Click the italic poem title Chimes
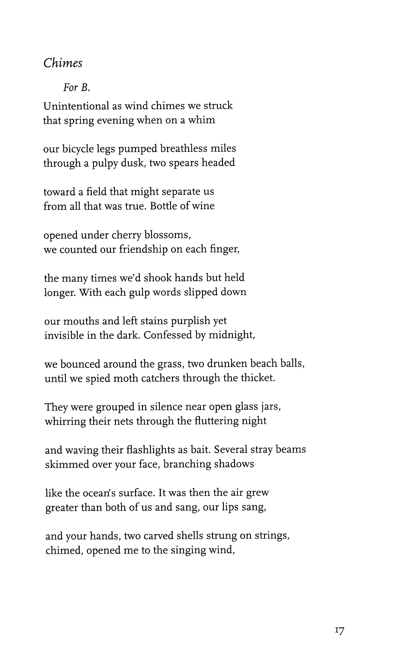tap(63, 63)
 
